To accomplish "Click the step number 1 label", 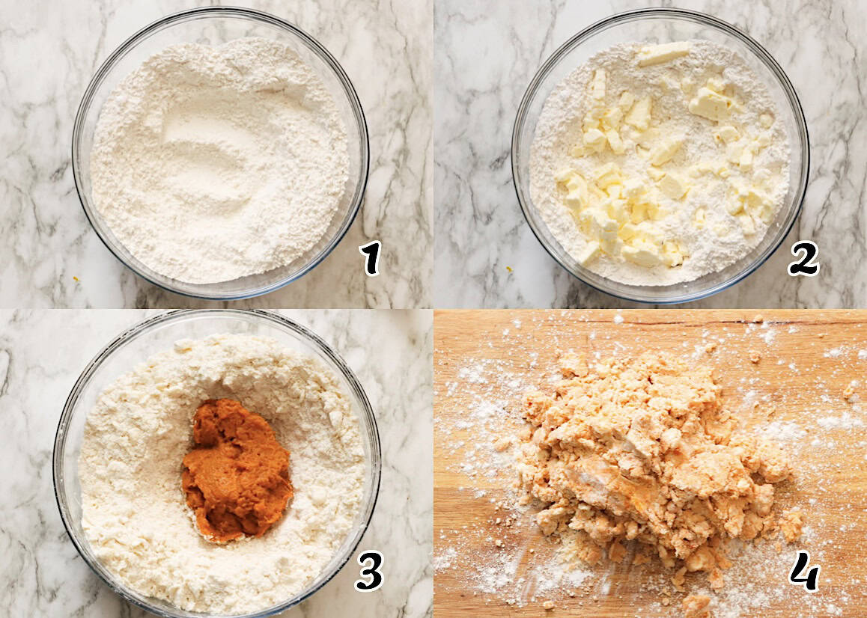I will pos(370,258).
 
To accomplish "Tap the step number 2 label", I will pos(803,258).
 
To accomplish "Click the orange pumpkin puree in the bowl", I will pos(237,470).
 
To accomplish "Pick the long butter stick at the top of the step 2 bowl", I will pos(663,53).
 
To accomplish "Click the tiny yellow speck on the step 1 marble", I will pos(76,279).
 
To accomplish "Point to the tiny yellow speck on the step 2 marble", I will pos(509,269).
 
